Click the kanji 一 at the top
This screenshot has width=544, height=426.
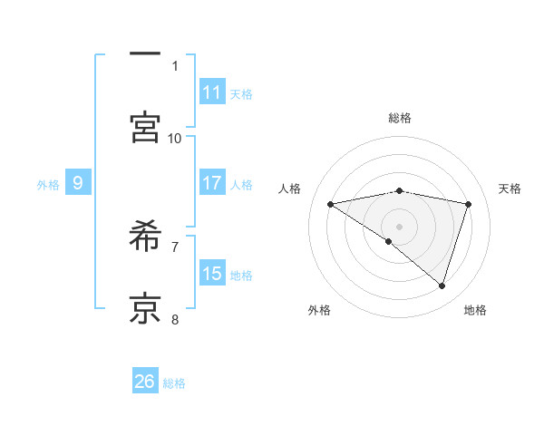145,55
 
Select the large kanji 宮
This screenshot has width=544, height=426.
145,127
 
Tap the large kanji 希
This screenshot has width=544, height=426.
145,237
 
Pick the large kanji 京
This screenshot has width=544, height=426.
145,308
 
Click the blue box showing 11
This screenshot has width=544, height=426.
212,92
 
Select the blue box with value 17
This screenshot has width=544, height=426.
212,183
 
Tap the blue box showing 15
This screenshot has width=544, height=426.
212,274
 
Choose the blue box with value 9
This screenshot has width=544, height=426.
78,183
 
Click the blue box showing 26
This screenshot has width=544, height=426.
145,382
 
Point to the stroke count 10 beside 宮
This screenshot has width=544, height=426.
175,138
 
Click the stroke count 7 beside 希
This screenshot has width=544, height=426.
175,246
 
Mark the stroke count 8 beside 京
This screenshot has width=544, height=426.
175,319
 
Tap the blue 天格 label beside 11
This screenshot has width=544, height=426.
241,93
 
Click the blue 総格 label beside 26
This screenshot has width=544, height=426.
174,383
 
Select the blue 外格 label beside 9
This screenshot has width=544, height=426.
48,185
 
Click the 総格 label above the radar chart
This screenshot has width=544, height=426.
400,118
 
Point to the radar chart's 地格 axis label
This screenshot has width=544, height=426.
475,311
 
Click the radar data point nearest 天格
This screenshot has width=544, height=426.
468,204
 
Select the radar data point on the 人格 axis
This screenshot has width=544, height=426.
331,204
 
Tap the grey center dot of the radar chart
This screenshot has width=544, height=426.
400,226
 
